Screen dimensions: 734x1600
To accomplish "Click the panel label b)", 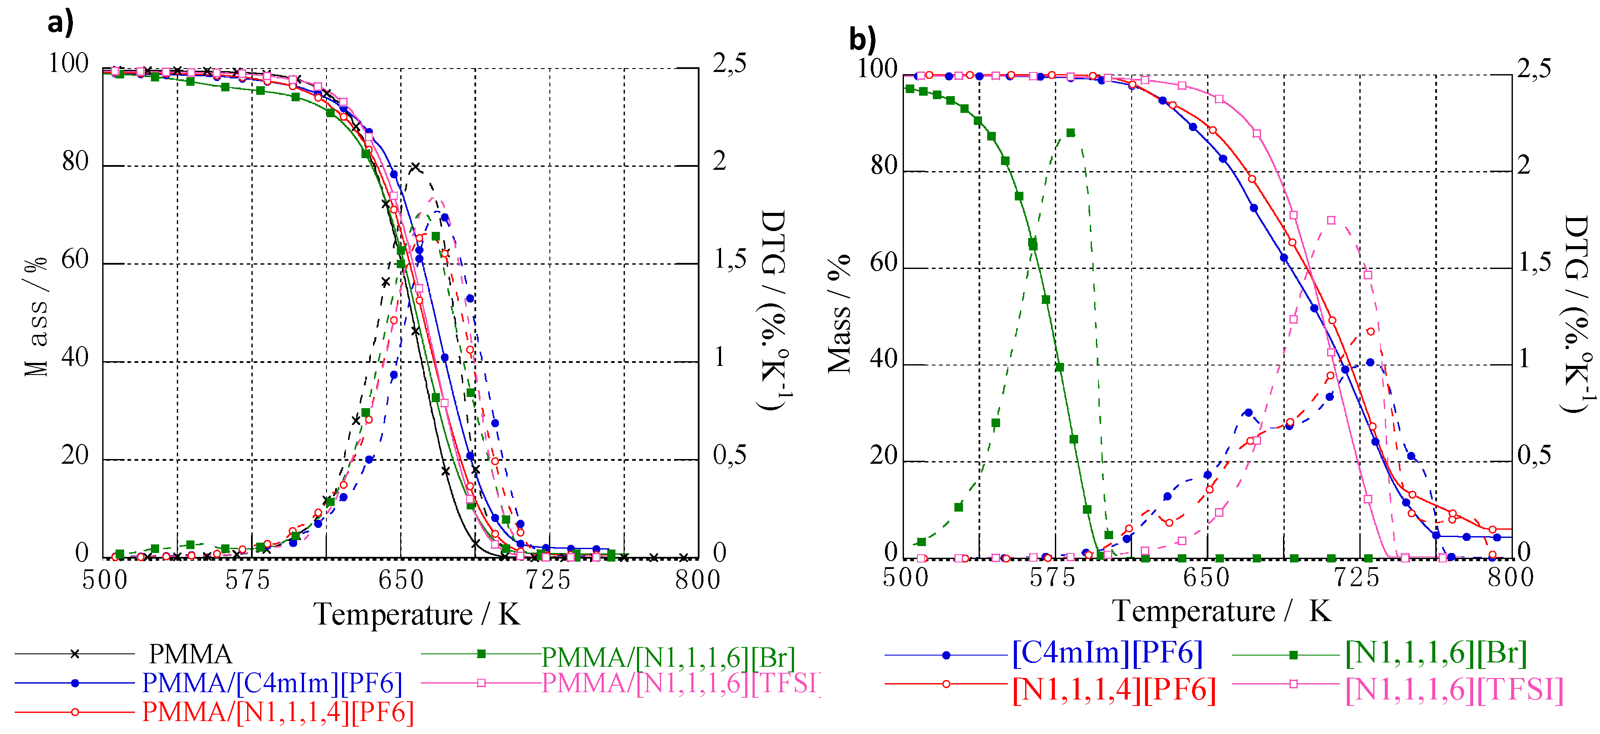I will click(862, 40).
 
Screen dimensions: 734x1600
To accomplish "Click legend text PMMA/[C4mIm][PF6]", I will click(272, 683).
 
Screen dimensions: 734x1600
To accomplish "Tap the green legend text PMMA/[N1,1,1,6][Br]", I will click(668, 657).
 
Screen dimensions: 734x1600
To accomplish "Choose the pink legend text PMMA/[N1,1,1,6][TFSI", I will click(680, 683).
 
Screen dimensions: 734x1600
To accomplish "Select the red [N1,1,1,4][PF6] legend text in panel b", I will click(1114, 690).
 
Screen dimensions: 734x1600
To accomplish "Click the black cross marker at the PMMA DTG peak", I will click(415, 167).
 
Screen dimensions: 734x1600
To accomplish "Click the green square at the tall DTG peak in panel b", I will click(1070, 133).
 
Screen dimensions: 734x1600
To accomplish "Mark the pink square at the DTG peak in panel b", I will click(1330, 220).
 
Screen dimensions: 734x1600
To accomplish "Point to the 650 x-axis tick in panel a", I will click(401, 581).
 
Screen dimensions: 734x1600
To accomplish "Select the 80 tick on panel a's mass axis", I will click(75, 162).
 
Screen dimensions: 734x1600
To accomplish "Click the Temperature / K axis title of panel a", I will click(417, 615).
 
